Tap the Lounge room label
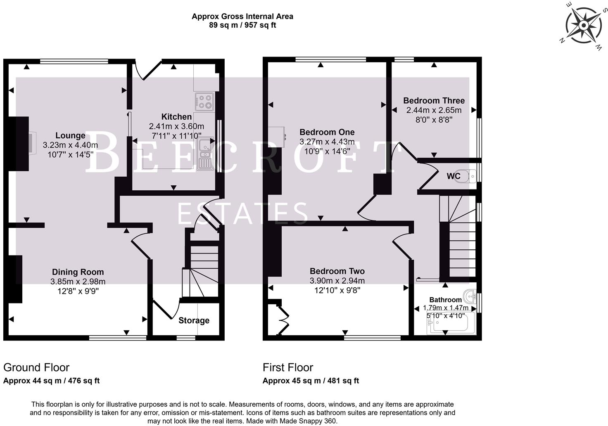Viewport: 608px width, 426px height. tap(71, 135)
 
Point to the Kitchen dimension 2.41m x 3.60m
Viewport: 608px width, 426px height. tap(176, 126)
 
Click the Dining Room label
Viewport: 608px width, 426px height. tap(78, 272)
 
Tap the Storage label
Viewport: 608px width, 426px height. tap(194, 320)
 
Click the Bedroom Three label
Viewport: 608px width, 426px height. tap(434, 101)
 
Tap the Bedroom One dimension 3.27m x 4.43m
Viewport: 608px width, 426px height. tap(327, 142)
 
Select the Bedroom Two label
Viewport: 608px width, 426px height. tap(337, 271)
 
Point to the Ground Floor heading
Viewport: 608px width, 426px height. tap(36, 367)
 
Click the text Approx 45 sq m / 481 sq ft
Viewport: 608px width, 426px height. tap(311, 381)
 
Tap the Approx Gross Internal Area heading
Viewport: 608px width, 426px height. tap(242, 17)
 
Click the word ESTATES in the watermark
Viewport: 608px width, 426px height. tap(242, 213)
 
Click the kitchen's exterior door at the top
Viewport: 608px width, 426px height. tap(148, 69)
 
